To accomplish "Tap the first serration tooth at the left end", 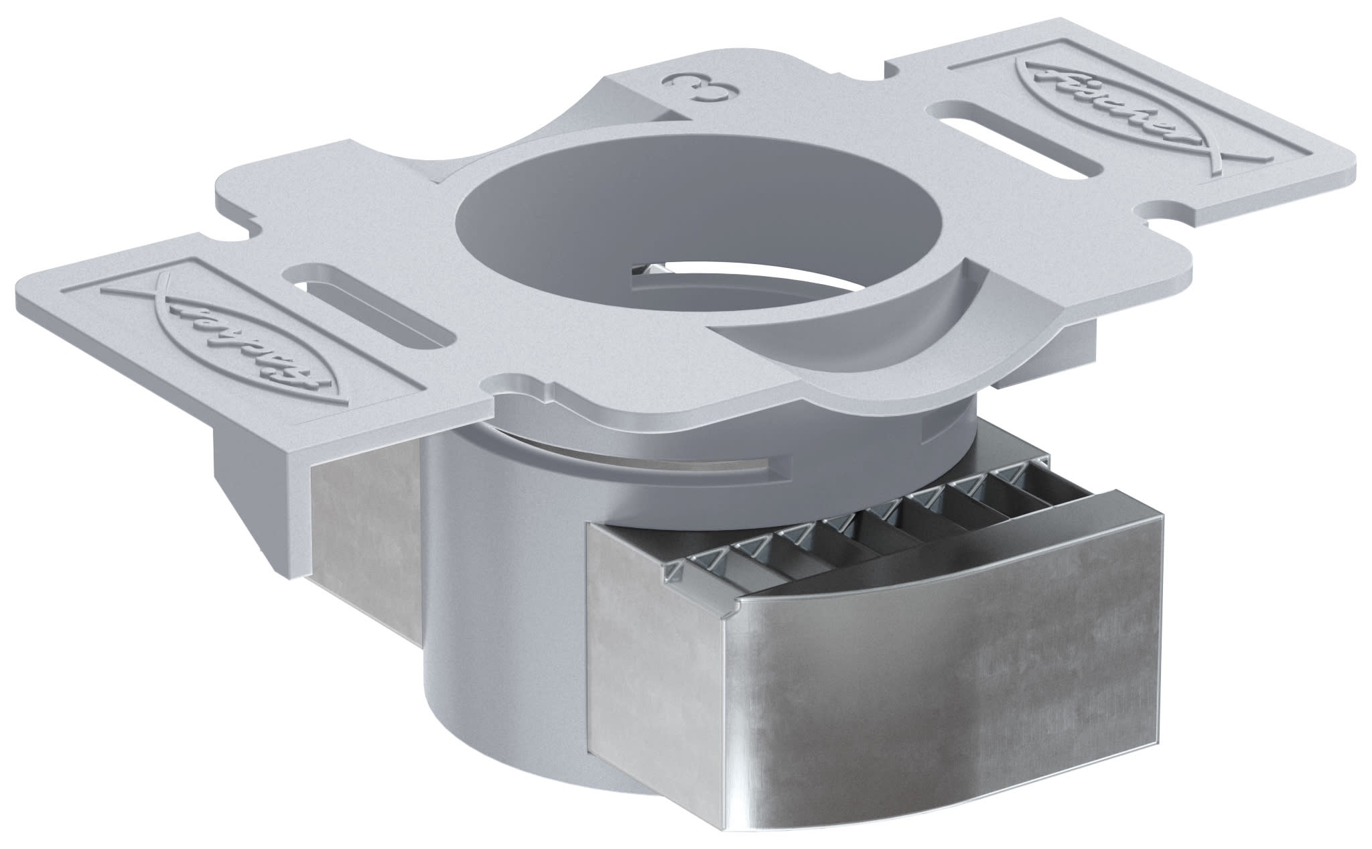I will pyautogui.click(x=673, y=568).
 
